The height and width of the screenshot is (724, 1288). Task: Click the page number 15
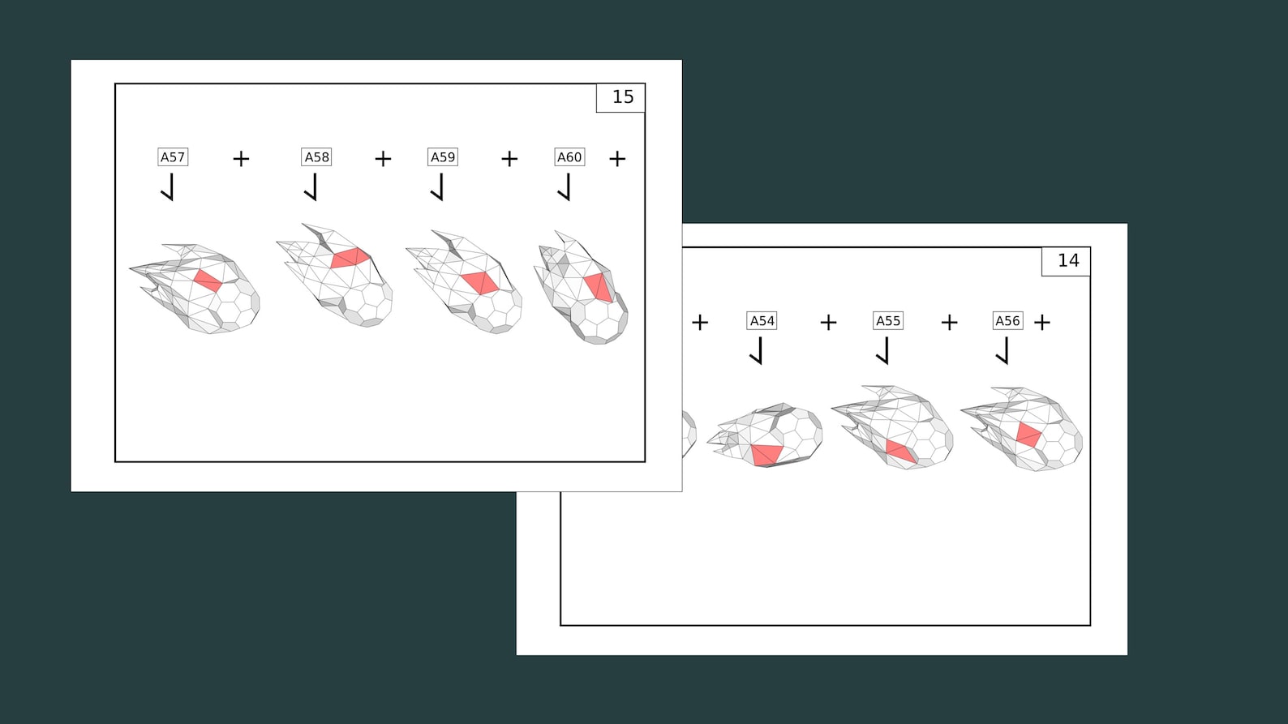click(x=623, y=96)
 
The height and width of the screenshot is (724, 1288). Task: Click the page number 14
click(x=1068, y=260)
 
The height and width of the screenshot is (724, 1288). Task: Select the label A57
click(x=173, y=156)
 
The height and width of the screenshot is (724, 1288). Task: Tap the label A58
click(x=316, y=156)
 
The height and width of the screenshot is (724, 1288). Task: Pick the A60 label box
click(x=569, y=156)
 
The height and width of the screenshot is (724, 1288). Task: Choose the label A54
click(x=762, y=320)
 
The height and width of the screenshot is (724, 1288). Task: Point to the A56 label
click(x=1007, y=320)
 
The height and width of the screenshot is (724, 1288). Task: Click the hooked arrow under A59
click(x=437, y=187)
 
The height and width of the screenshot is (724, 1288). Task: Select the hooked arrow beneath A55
click(x=883, y=350)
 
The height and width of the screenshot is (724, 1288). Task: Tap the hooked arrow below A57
click(x=167, y=187)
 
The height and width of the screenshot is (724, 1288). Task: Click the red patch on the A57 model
click(x=208, y=281)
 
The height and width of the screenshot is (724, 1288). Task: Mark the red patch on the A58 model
click(x=350, y=258)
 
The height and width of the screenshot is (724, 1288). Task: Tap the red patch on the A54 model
click(x=767, y=455)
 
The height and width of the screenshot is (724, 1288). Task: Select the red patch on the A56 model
click(x=1028, y=435)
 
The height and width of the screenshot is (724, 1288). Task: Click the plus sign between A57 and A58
click(x=241, y=159)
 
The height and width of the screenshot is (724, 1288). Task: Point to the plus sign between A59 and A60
click(x=509, y=159)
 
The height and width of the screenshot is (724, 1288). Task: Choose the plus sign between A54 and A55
click(x=828, y=323)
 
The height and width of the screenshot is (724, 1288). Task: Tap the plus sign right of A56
click(x=1042, y=323)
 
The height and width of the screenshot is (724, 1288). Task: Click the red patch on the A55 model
click(x=900, y=451)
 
